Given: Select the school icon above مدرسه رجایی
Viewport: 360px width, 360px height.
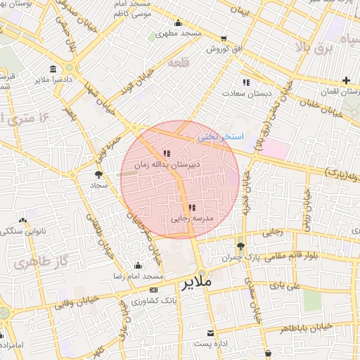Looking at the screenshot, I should [192, 207].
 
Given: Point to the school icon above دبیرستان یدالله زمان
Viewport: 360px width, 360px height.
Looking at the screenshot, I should [166, 153].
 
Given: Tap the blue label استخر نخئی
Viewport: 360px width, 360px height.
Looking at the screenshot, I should [221, 136].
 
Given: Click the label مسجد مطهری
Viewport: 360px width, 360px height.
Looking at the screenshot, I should [179, 33].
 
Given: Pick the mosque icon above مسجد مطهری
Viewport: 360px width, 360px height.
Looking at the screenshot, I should [178, 22].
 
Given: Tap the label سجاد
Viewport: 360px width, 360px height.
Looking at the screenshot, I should [97, 185].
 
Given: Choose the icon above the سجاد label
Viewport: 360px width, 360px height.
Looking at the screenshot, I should [98, 174].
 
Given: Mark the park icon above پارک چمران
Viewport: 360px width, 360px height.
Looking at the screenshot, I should [241, 246].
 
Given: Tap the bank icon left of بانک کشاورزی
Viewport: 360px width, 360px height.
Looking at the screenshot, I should [153, 290].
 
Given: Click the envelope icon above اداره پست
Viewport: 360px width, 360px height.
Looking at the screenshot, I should [210, 332].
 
